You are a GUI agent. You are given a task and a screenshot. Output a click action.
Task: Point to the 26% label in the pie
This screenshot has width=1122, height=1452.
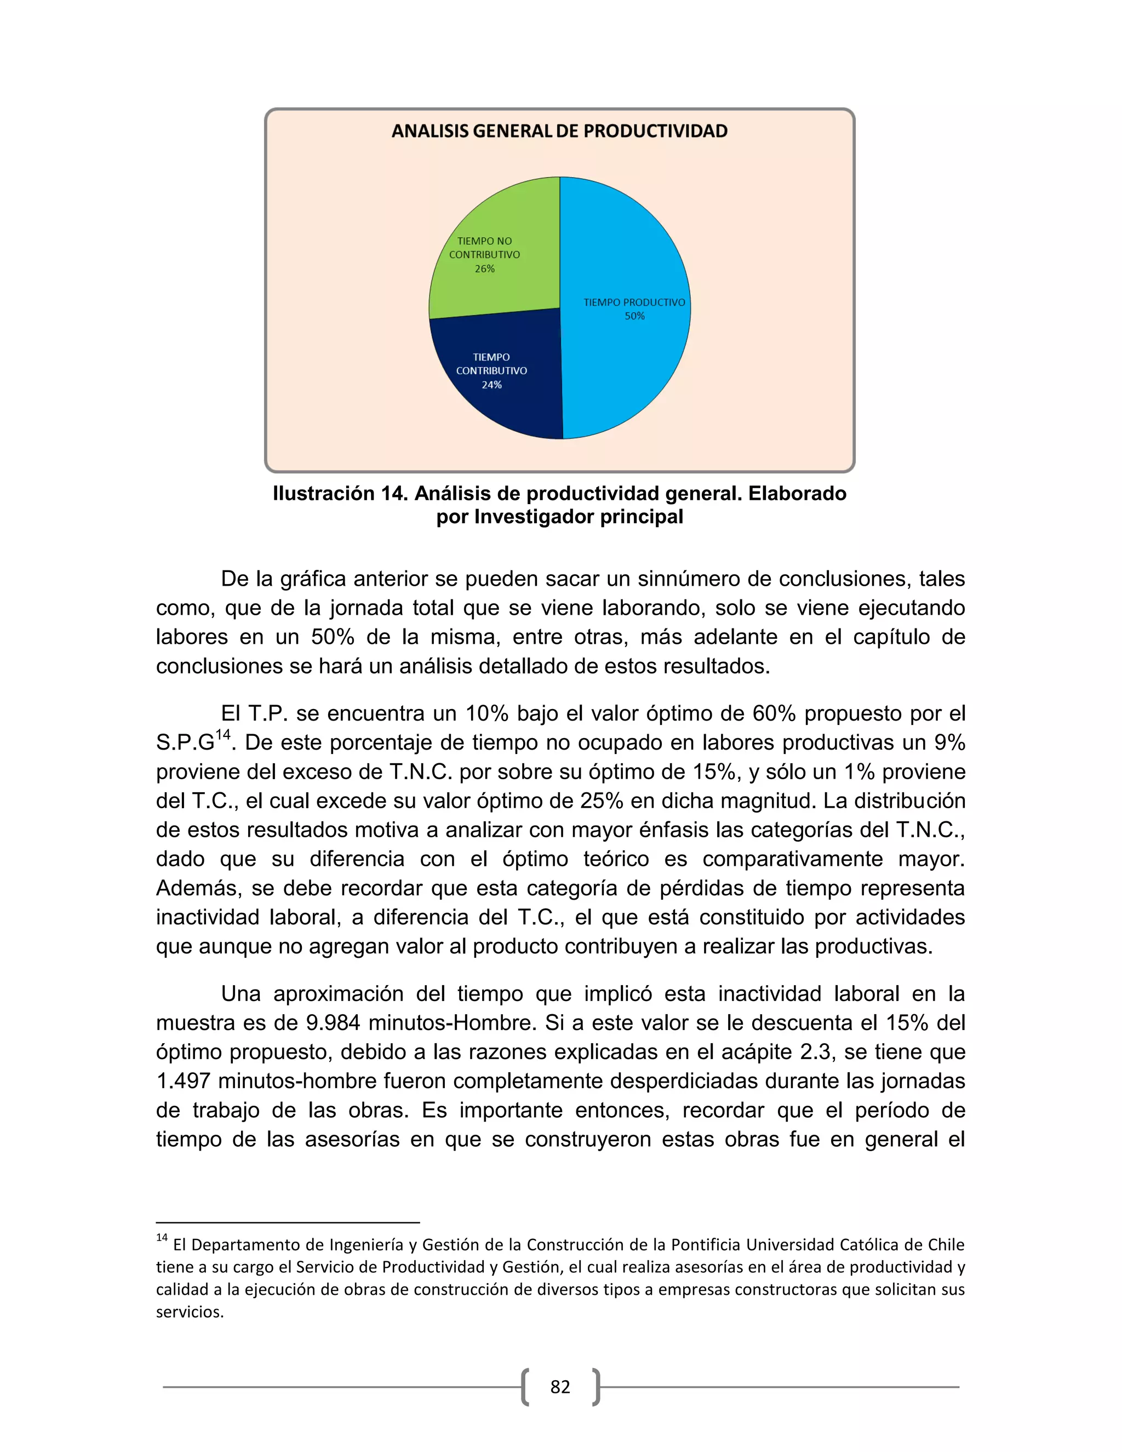(x=484, y=269)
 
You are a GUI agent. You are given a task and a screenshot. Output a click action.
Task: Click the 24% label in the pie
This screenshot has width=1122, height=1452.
(x=491, y=385)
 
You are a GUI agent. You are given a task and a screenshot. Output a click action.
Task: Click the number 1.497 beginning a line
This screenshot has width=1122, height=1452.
(x=184, y=1081)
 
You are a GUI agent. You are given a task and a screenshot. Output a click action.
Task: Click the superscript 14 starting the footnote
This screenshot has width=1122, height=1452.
(x=162, y=1238)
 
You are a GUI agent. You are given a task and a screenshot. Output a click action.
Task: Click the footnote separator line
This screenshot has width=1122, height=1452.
(x=287, y=1222)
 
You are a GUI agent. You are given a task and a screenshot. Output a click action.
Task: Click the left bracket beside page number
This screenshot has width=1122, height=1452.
(x=525, y=1387)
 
